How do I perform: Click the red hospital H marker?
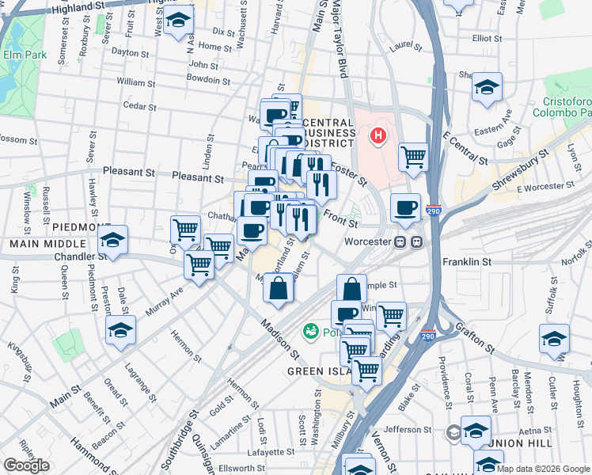(x=378, y=135)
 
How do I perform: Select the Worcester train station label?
(x=368, y=241)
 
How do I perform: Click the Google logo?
(x=26, y=465)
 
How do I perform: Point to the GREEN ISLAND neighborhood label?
(x=317, y=370)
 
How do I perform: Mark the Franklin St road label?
(x=468, y=260)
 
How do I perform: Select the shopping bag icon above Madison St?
(x=278, y=290)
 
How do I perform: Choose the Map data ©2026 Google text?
(x=544, y=469)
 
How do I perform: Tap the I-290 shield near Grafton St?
(x=428, y=336)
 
